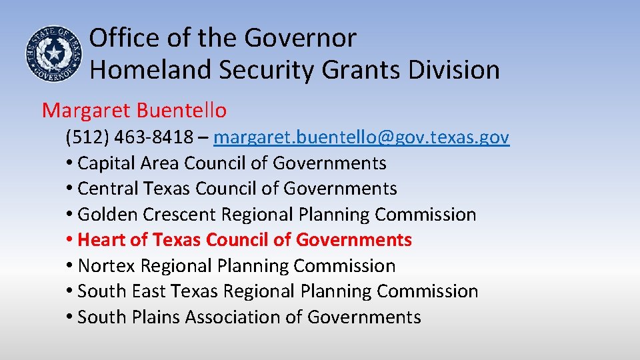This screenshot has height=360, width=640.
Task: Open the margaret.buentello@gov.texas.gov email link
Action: click(361, 137)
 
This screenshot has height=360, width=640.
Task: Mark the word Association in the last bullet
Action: click(233, 317)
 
